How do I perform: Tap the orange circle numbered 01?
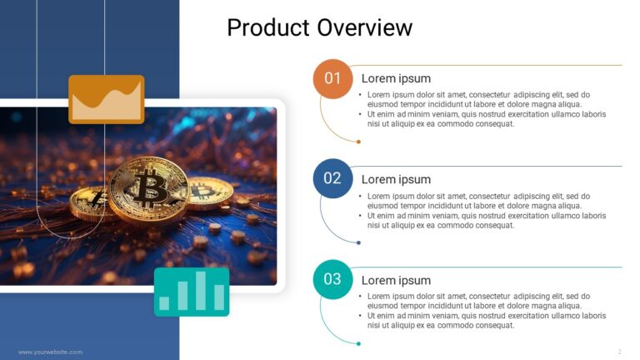point(332,78)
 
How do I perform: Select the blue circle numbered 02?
point(332,178)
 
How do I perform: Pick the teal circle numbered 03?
point(332,279)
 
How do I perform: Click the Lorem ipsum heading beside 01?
point(396,78)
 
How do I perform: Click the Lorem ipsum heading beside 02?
point(396,179)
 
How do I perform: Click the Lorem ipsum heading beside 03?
point(396,280)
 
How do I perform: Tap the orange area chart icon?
point(106,99)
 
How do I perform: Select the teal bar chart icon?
point(192,292)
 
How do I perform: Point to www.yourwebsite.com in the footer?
point(50,352)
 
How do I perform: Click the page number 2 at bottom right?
point(619,352)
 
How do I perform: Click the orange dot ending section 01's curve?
point(358,142)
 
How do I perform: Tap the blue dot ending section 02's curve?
point(358,242)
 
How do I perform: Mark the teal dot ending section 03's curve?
point(358,343)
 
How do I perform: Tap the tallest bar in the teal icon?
point(199,291)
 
